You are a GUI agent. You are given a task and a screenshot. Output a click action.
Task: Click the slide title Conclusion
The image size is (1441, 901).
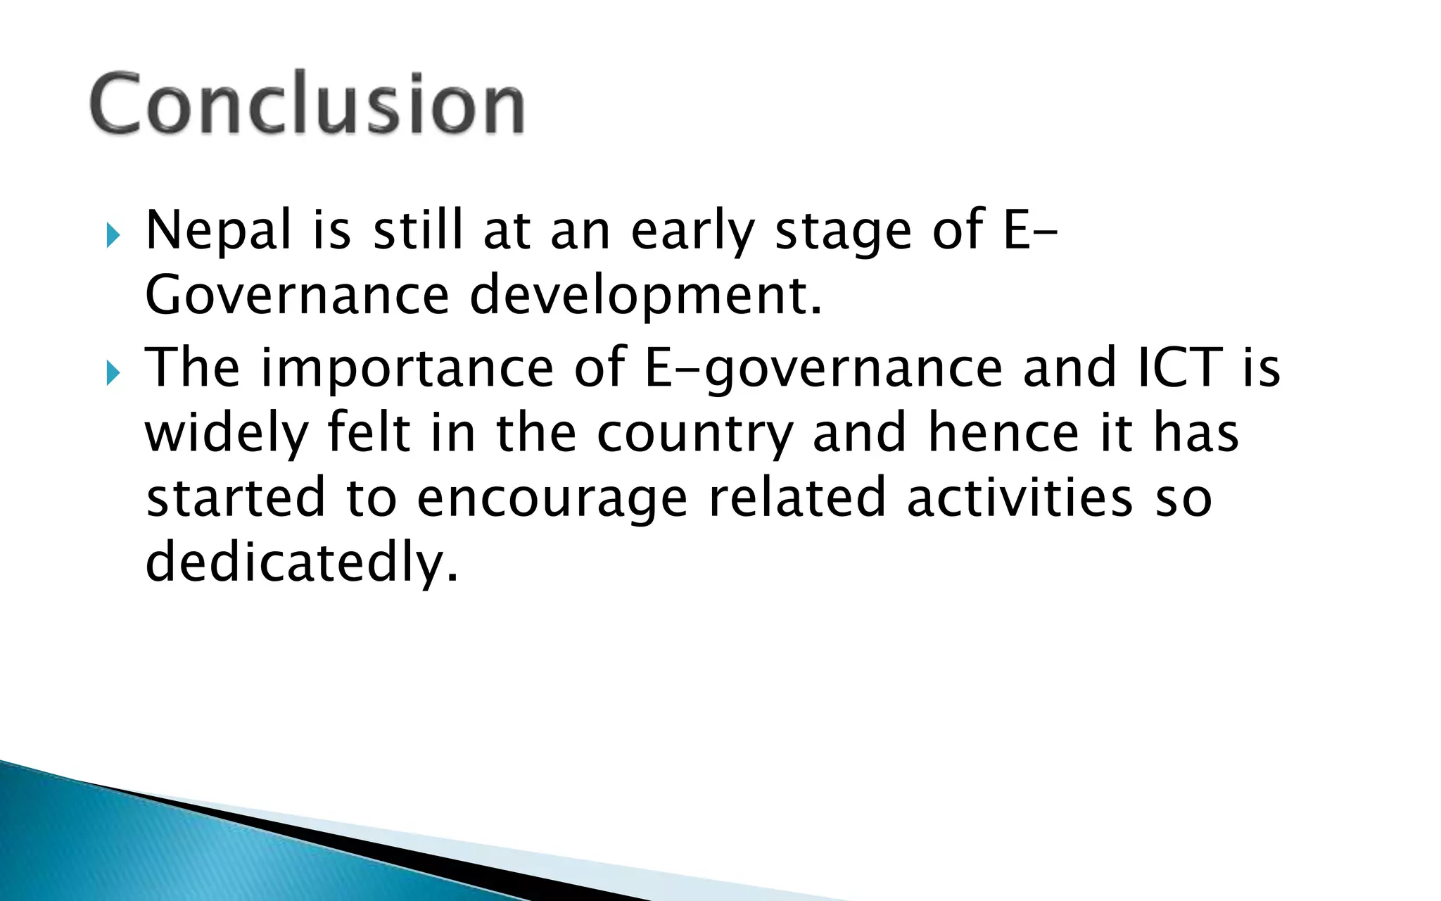pos(307,104)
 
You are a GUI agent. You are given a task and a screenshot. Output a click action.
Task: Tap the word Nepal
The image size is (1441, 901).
pos(218,231)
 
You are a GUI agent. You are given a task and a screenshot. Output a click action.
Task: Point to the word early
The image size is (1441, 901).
pos(692,232)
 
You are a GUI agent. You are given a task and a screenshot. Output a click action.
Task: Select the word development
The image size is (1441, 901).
pos(645,297)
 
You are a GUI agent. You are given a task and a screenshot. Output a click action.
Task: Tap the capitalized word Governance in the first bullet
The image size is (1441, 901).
pos(297,296)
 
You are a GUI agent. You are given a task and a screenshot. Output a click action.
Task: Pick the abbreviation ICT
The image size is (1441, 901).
pos(1180,367)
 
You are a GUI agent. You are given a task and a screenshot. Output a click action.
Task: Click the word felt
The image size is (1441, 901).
pos(369,432)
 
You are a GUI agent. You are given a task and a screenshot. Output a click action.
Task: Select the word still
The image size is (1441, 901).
pos(418,231)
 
